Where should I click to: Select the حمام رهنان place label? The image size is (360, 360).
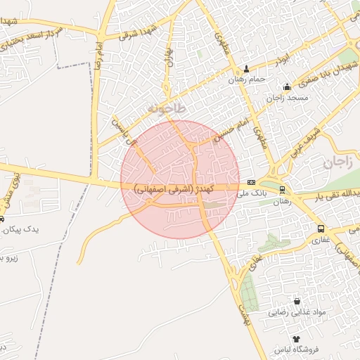pyautogui.click(x=247, y=79)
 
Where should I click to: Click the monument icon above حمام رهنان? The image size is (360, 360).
pyautogui.click(x=246, y=70)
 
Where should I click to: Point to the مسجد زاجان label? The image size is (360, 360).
pyautogui.click(x=287, y=97)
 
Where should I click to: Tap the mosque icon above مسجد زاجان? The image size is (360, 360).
pyautogui.click(x=287, y=87)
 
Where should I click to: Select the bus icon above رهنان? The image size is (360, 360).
pyautogui.click(x=282, y=190)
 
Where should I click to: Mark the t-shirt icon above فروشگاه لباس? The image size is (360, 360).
pyautogui.click(x=296, y=339)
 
